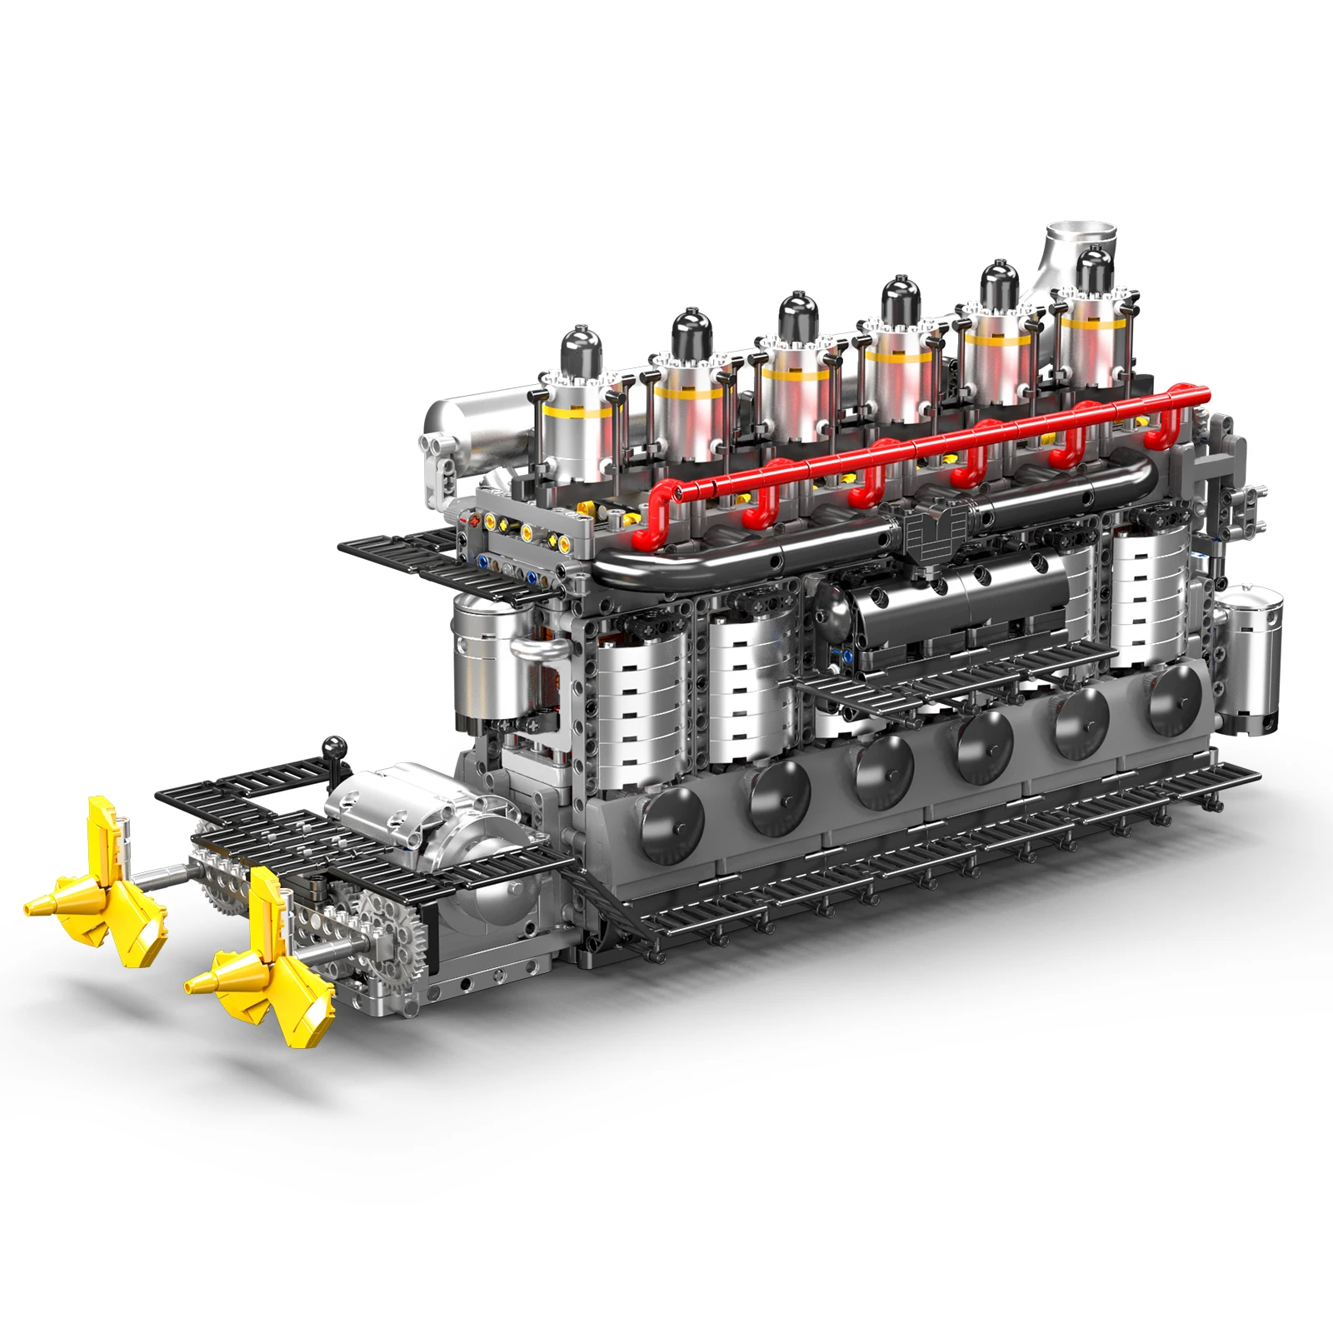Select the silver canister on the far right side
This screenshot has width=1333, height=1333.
click(1250, 658)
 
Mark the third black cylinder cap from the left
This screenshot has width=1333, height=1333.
click(798, 312)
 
